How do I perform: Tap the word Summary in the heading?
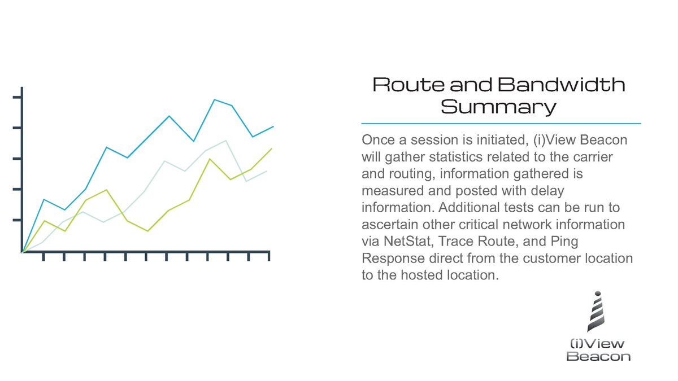click(x=498, y=106)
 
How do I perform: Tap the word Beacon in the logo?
click(x=598, y=356)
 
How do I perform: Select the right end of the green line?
click(x=272, y=148)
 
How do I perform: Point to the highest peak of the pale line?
click(x=226, y=141)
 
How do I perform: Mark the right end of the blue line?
click(x=273, y=126)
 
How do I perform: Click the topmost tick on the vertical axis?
click(x=17, y=98)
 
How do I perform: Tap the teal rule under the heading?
click(x=501, y=123)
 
